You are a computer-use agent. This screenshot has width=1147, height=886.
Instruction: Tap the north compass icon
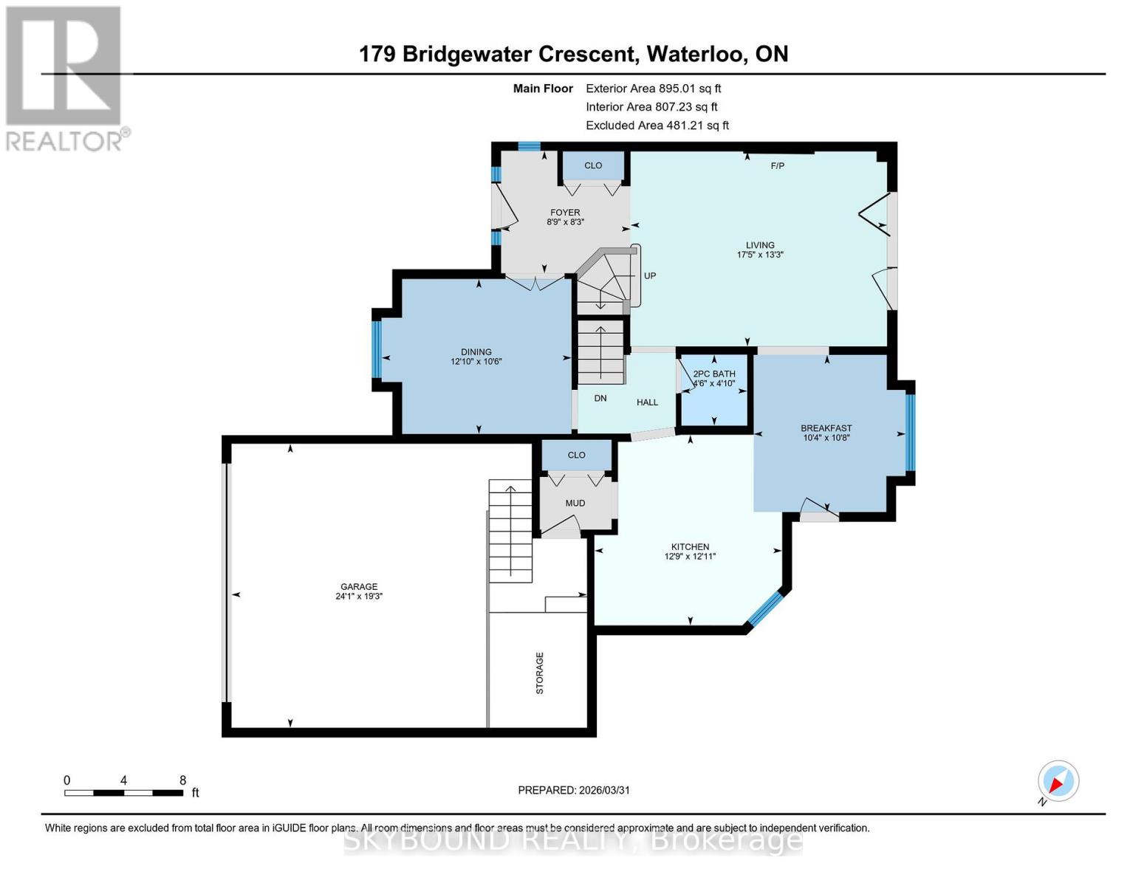click(x=1058, y=781)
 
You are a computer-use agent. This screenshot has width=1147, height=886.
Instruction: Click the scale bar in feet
click(x=123, y=792)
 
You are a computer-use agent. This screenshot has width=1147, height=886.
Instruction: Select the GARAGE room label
click(x=359, y=586)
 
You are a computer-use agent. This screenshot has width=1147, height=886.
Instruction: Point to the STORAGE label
click(x=540, y=673)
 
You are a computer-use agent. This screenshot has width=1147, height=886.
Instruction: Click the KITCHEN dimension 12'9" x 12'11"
click(x=690, y=557)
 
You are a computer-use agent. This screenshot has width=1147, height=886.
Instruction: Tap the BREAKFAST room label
click(x=826, y=428)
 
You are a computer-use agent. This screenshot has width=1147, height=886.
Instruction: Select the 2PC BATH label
click(x=713, y=374)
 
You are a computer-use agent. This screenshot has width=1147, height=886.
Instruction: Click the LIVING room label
click(x=760, y=245)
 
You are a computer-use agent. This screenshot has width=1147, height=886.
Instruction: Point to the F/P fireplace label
click(x=777, y=166)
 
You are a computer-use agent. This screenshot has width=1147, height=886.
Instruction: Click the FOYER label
click(x=565, y=213)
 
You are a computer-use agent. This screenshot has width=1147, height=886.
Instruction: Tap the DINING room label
click(x=476, y=352)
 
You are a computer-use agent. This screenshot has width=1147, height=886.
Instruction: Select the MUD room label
click(x=575, y=503)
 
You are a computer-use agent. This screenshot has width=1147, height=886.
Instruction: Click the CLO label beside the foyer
click(x=593, y=165)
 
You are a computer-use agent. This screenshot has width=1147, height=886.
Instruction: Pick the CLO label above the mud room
click(x=576, y=455)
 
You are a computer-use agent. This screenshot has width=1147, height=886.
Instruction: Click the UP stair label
click(x=650, y=275)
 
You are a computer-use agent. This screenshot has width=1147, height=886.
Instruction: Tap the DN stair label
click(x=600, y=398)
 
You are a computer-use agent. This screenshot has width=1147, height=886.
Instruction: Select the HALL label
click(x=647, y=402)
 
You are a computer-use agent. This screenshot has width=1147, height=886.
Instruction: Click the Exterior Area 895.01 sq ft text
click(x=653, y=88)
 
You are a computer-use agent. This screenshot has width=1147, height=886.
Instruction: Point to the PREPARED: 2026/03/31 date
click(x=574, y=790)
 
